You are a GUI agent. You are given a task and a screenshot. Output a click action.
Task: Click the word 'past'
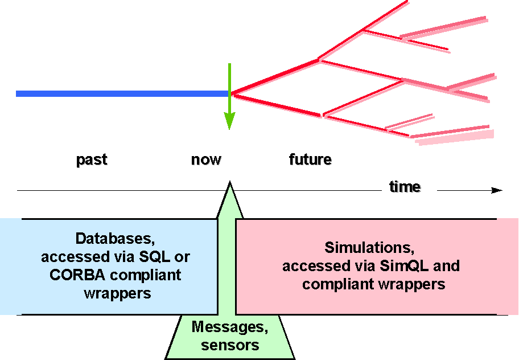pyautogui.click(x=92, y=159)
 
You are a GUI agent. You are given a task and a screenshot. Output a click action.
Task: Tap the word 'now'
pyautogui.click(x=206, y=159)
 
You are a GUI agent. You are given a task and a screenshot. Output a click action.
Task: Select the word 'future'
pyautogui.click(x=310, y=159)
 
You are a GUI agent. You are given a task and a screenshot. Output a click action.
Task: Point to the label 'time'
pyautogui.click(x=405, y=187)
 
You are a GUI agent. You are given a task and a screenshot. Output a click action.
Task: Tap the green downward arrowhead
pyautogui.click(x=229, y=121)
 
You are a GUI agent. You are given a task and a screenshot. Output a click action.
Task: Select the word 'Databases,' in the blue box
pyautogui.click(x=116, y=238)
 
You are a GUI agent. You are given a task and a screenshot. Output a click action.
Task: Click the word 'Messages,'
pyautogui.click(x=230, y=327)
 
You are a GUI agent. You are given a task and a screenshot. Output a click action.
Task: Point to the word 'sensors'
pyautogui.click(x=230, y=345)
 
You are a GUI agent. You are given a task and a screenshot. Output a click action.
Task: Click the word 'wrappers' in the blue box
pyautogui.click(x=117, y=293)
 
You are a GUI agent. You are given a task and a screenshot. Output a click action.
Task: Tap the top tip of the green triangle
pyautogui.click(x=230, y=183)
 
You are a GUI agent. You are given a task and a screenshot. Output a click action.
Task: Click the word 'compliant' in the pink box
pyautogui.click(x=337, y=284)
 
